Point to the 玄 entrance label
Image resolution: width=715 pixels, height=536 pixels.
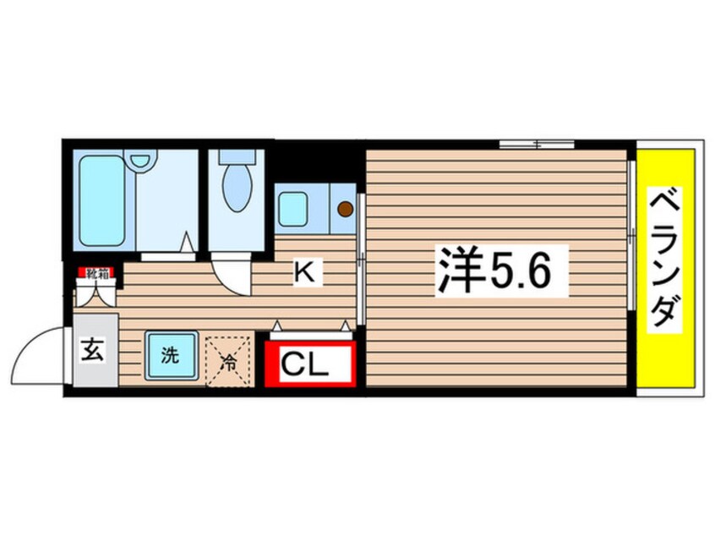pos(92,349)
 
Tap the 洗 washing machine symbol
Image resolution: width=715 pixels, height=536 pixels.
pos(171,356)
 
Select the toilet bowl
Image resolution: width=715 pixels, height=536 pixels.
pos(237,189)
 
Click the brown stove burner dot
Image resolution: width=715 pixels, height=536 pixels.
pos(345,207)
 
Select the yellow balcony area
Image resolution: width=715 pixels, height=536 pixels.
pos(666,355)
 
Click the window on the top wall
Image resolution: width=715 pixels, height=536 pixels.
pos(536,144)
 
